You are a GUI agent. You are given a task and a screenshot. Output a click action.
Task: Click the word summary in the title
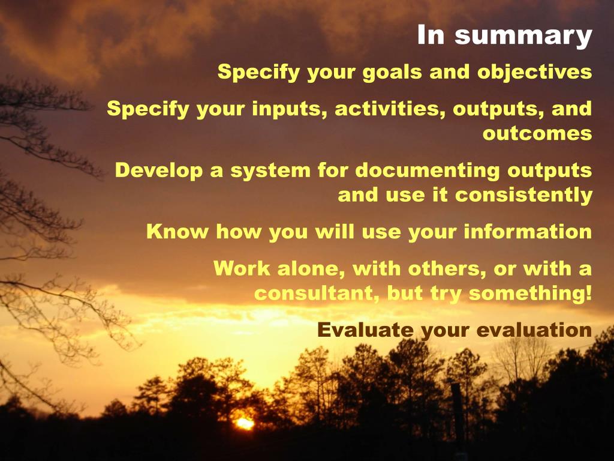(x=523, y=37)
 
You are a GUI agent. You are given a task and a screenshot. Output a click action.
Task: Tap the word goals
(x=392, y=73)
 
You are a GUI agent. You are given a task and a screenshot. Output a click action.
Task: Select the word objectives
(x=534, y=73)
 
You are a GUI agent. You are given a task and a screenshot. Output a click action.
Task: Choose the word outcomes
(x=537, y=133)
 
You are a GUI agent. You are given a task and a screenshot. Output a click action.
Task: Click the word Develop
(x=158, y=171)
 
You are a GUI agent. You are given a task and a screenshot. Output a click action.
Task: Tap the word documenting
(x=428, y=171)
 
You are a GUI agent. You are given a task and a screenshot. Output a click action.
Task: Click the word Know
(x=177, y=231)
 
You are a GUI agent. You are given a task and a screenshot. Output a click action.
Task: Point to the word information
(x=528, y=231)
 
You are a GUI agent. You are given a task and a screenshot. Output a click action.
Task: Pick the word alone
(x=311, y=268)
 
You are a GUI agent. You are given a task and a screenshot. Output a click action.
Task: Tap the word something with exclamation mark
(x=530, y=294)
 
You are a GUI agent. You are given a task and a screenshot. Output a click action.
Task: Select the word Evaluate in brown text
(x=365, y=330)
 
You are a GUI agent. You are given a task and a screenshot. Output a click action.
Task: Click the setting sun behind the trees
(x=245, y=423)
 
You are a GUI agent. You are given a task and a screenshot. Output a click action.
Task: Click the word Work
(x=242, y=268)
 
